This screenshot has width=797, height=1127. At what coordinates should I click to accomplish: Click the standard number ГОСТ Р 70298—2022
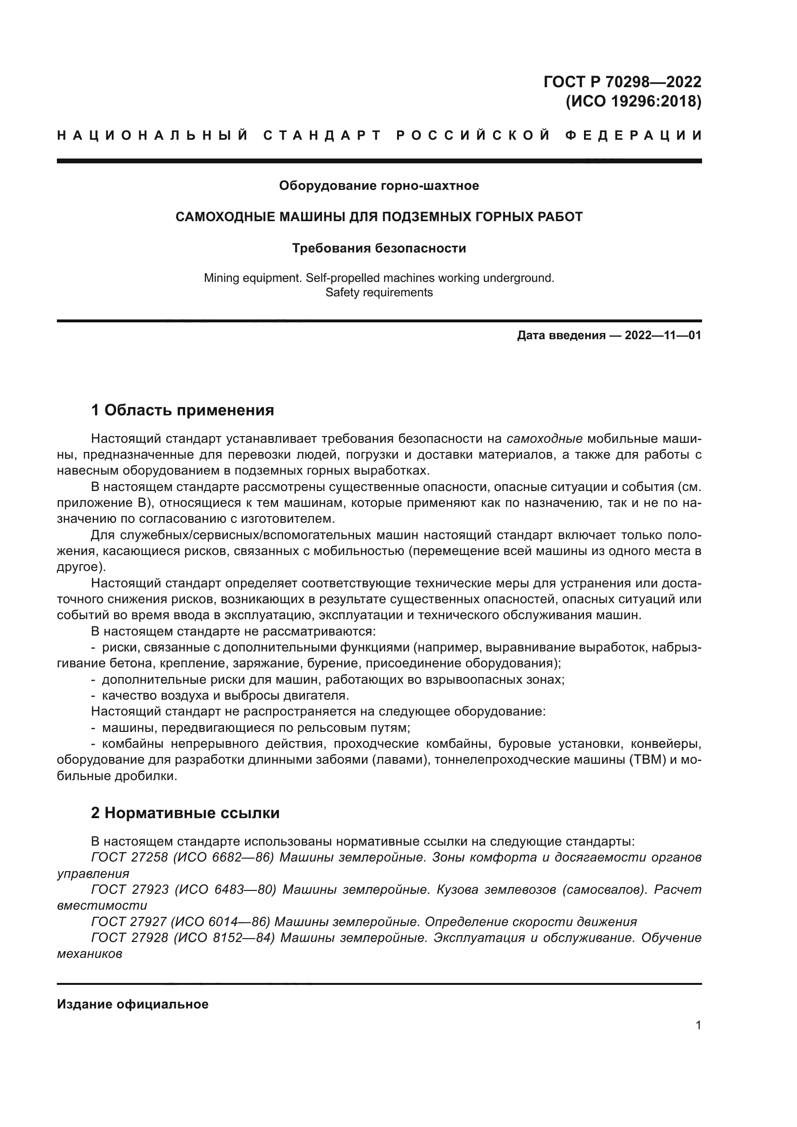click(622, 81)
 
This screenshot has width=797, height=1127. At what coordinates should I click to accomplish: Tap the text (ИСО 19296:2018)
click(633, 101)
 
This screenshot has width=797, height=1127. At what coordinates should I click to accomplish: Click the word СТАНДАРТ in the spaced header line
click(322, 135)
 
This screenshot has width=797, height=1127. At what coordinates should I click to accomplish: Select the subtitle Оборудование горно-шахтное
click(379, 186)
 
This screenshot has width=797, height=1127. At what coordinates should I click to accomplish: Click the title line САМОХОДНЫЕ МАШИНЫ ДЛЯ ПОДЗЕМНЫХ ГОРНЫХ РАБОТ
click(379, 217)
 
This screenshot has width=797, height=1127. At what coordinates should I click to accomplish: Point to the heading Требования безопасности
click(379, 248)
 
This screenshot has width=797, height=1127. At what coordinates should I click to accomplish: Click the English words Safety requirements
click(379, 292)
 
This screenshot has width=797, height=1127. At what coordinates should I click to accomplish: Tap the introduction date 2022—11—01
click(663, 336)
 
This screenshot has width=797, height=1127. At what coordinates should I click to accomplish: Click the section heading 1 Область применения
click(183, 410)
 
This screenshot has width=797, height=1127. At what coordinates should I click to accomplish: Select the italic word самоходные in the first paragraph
click(544, 439)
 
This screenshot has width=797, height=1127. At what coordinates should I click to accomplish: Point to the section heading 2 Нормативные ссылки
click(185, 813)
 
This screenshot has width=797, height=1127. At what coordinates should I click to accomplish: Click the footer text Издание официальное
click(133, 1004)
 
